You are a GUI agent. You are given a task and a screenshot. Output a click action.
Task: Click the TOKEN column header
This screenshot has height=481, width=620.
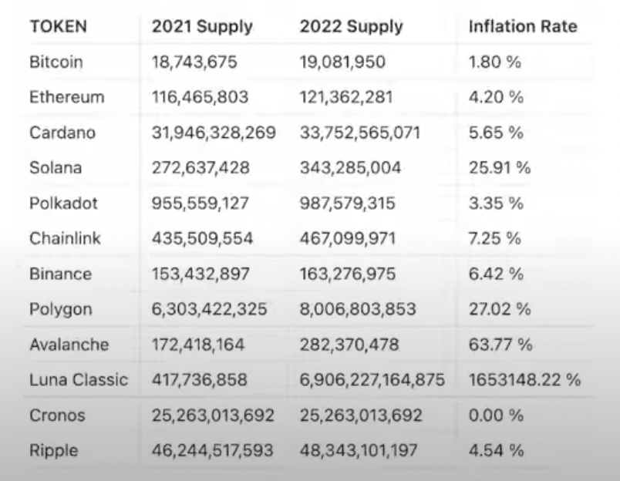pyautogui.click(x=58, y=26)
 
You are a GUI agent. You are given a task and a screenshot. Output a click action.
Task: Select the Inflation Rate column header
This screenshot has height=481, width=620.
pyautogui.click(x=523, y=26)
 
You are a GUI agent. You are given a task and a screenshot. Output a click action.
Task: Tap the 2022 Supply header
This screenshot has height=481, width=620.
pyautogui.click(x=351, y=26)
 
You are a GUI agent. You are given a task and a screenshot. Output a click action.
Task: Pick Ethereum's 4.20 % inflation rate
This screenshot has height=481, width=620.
pyautogui.click(x=496, y=97)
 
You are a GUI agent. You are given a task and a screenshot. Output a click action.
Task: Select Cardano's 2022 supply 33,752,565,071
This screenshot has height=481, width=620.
pyautogui.click(x=360, y=133)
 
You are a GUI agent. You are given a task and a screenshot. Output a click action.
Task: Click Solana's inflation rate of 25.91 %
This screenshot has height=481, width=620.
pyautogui.click(x=500, y=167)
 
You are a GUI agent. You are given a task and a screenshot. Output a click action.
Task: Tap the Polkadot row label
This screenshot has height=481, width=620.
pyautogui.click(x=59, y=203)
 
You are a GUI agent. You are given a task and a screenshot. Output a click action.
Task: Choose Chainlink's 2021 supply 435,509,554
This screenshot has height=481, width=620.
pyautogui.click(x=203, y=238)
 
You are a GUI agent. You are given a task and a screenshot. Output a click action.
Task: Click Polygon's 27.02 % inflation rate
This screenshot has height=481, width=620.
pyautogui.click(x=500, y=309)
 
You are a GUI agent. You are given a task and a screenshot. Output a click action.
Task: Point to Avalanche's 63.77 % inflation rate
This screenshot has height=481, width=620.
pyautogui.click(x=500, y=345)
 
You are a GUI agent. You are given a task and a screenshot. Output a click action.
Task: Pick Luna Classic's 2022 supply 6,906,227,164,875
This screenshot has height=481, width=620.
pyautogui.click(x=372, y=380)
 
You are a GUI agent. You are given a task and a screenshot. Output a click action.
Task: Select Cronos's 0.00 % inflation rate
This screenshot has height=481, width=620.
pyautogui.click(x=496, y=415)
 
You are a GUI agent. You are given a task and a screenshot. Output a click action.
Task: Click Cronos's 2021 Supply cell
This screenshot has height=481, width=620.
pyautogui.click(x=213, y=415)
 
